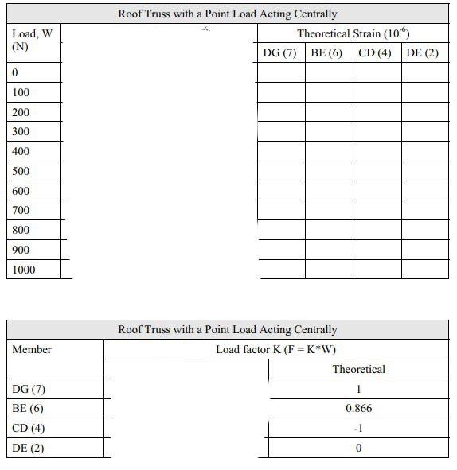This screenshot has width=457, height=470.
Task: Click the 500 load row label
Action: point(21,171)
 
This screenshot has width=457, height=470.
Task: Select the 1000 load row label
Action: point(24,270)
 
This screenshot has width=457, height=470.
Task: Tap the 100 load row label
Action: point(21,92)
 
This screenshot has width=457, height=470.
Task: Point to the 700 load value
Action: point(21,211)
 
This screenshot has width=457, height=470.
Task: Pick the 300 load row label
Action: point(21,132)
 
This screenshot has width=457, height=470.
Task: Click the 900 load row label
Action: point(21,250)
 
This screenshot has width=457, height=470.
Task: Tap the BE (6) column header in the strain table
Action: point(326,52)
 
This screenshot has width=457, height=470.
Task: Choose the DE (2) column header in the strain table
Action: point(423,52)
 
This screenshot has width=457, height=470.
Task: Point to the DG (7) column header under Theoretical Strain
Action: point(279,52)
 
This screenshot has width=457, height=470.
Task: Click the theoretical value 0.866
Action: point(358,409)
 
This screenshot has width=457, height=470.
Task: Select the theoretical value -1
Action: point(358,429)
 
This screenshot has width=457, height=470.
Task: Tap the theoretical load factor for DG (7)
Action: point(358,389)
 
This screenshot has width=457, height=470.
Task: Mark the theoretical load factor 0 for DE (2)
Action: point(358,449)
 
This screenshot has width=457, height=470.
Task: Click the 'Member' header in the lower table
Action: point(32,349)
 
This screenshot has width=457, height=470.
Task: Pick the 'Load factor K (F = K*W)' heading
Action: point(276,349)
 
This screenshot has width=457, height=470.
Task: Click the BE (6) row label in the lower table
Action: point(28,409)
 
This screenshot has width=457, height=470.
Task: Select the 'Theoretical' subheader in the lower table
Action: point(358,369)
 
